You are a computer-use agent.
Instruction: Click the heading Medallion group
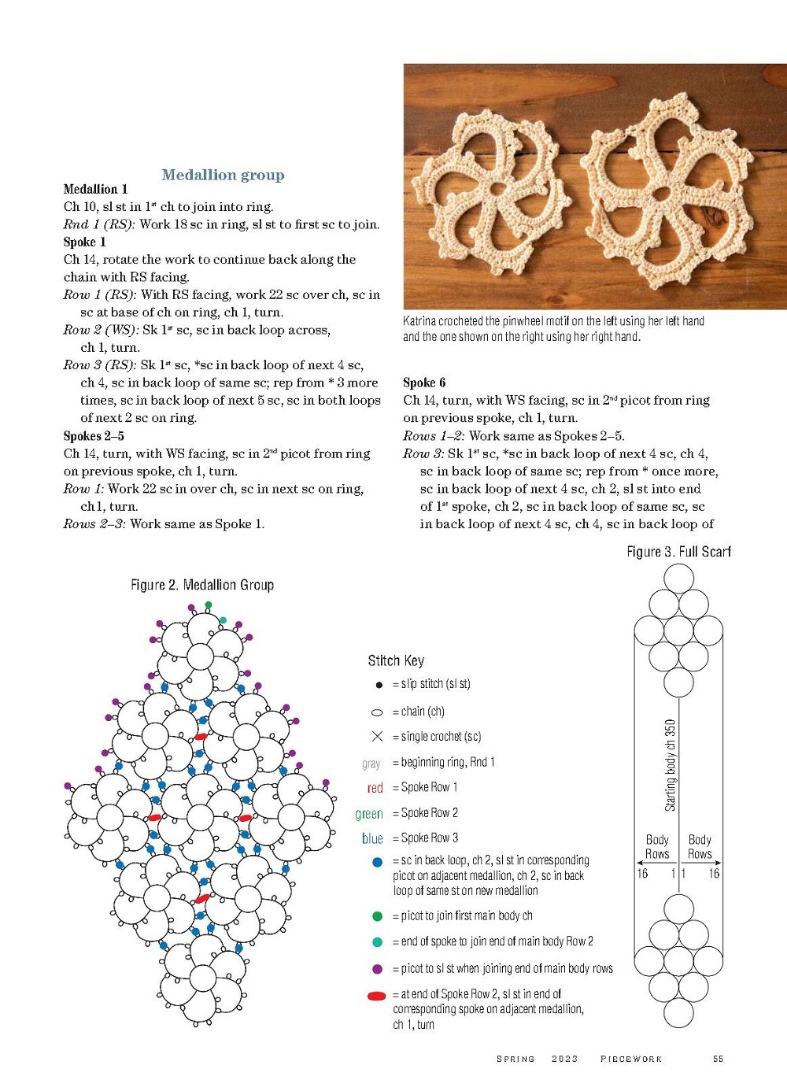[223, 175]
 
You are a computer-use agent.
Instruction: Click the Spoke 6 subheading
[424, 383]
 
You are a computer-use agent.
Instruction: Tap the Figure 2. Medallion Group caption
[202, 585]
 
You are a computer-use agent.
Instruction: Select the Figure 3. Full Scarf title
[678, 552]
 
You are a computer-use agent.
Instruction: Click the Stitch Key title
[396, 660]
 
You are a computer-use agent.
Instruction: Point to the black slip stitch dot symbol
[378, 685]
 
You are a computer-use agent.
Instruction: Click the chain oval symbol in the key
[377, 712]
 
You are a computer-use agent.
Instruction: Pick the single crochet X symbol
[377, 737]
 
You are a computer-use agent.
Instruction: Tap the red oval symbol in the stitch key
[376, 996]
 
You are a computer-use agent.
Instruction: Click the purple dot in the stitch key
[377, 969]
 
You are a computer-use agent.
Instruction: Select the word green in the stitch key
[368, 814]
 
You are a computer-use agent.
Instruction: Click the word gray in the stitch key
[371, 763]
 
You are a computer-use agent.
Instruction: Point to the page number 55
[718, 1059]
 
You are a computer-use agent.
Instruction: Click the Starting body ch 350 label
[671, 765]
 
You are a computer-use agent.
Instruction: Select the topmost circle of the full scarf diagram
[678, 579]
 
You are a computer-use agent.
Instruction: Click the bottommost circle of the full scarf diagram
[678, 1013]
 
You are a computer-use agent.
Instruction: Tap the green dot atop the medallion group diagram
[209, 605]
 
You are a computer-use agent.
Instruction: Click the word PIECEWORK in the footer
[631, 1059]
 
